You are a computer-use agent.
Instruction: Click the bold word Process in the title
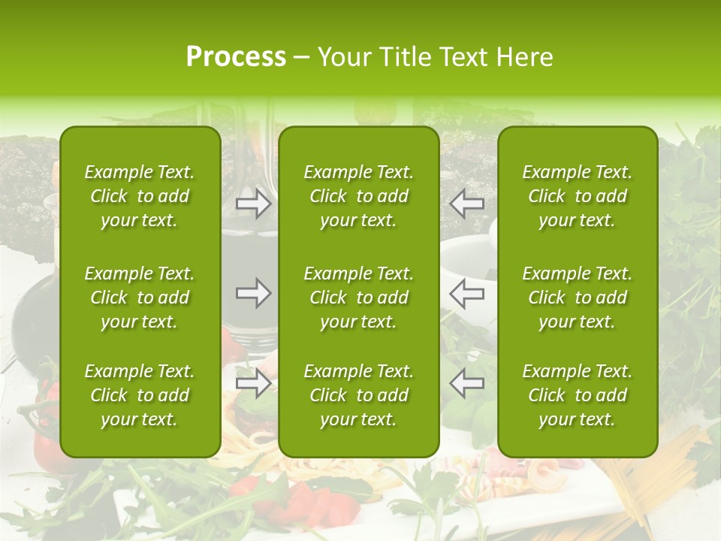[x=236, y=57]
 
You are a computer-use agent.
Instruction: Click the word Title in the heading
[x=400, y=57]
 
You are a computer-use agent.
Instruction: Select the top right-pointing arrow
[x=254, y=204]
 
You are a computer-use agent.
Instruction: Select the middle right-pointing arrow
[x=254, y=293]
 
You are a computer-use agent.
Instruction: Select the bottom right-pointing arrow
[x=254, y=383]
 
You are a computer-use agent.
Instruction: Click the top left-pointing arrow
[x=467, y=204]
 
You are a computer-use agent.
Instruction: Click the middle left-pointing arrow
[x=467, y=293]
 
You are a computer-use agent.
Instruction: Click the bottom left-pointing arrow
[x=467, y=383]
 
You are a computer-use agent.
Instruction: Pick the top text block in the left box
[x=140, y=196]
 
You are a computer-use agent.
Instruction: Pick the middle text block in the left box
[x=140, y=298]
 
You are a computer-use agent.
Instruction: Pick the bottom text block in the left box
[x=140, y=395]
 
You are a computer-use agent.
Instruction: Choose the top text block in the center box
[x=358, y=196]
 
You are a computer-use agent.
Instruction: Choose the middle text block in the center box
[x=358, y=298]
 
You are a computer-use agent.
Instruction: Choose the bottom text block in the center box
[x=358, y=395]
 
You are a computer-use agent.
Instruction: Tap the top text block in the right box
[x=577, y=196]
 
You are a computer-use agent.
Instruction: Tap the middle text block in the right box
[x=577, y=298]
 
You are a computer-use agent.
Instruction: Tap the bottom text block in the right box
[x=577, y=395]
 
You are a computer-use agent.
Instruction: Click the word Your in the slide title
[x=345, y=57]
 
